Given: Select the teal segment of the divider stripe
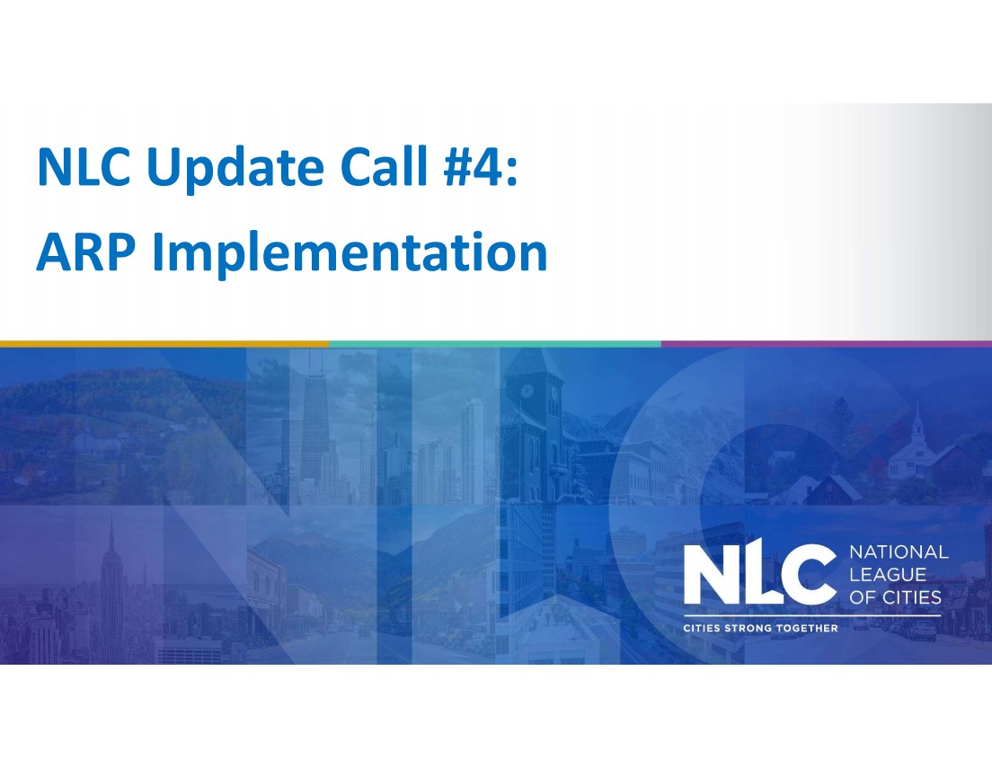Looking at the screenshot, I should coord(495,343).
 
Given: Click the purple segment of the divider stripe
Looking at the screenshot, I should coord(826,343).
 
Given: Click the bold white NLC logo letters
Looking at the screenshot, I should coord(760,575).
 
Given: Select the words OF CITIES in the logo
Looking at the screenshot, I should coord(895,597).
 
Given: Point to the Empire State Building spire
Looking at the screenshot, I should coord(112,539).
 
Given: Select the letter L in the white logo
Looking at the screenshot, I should coord(762,575).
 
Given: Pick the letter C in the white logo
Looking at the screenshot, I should coord(813,575).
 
